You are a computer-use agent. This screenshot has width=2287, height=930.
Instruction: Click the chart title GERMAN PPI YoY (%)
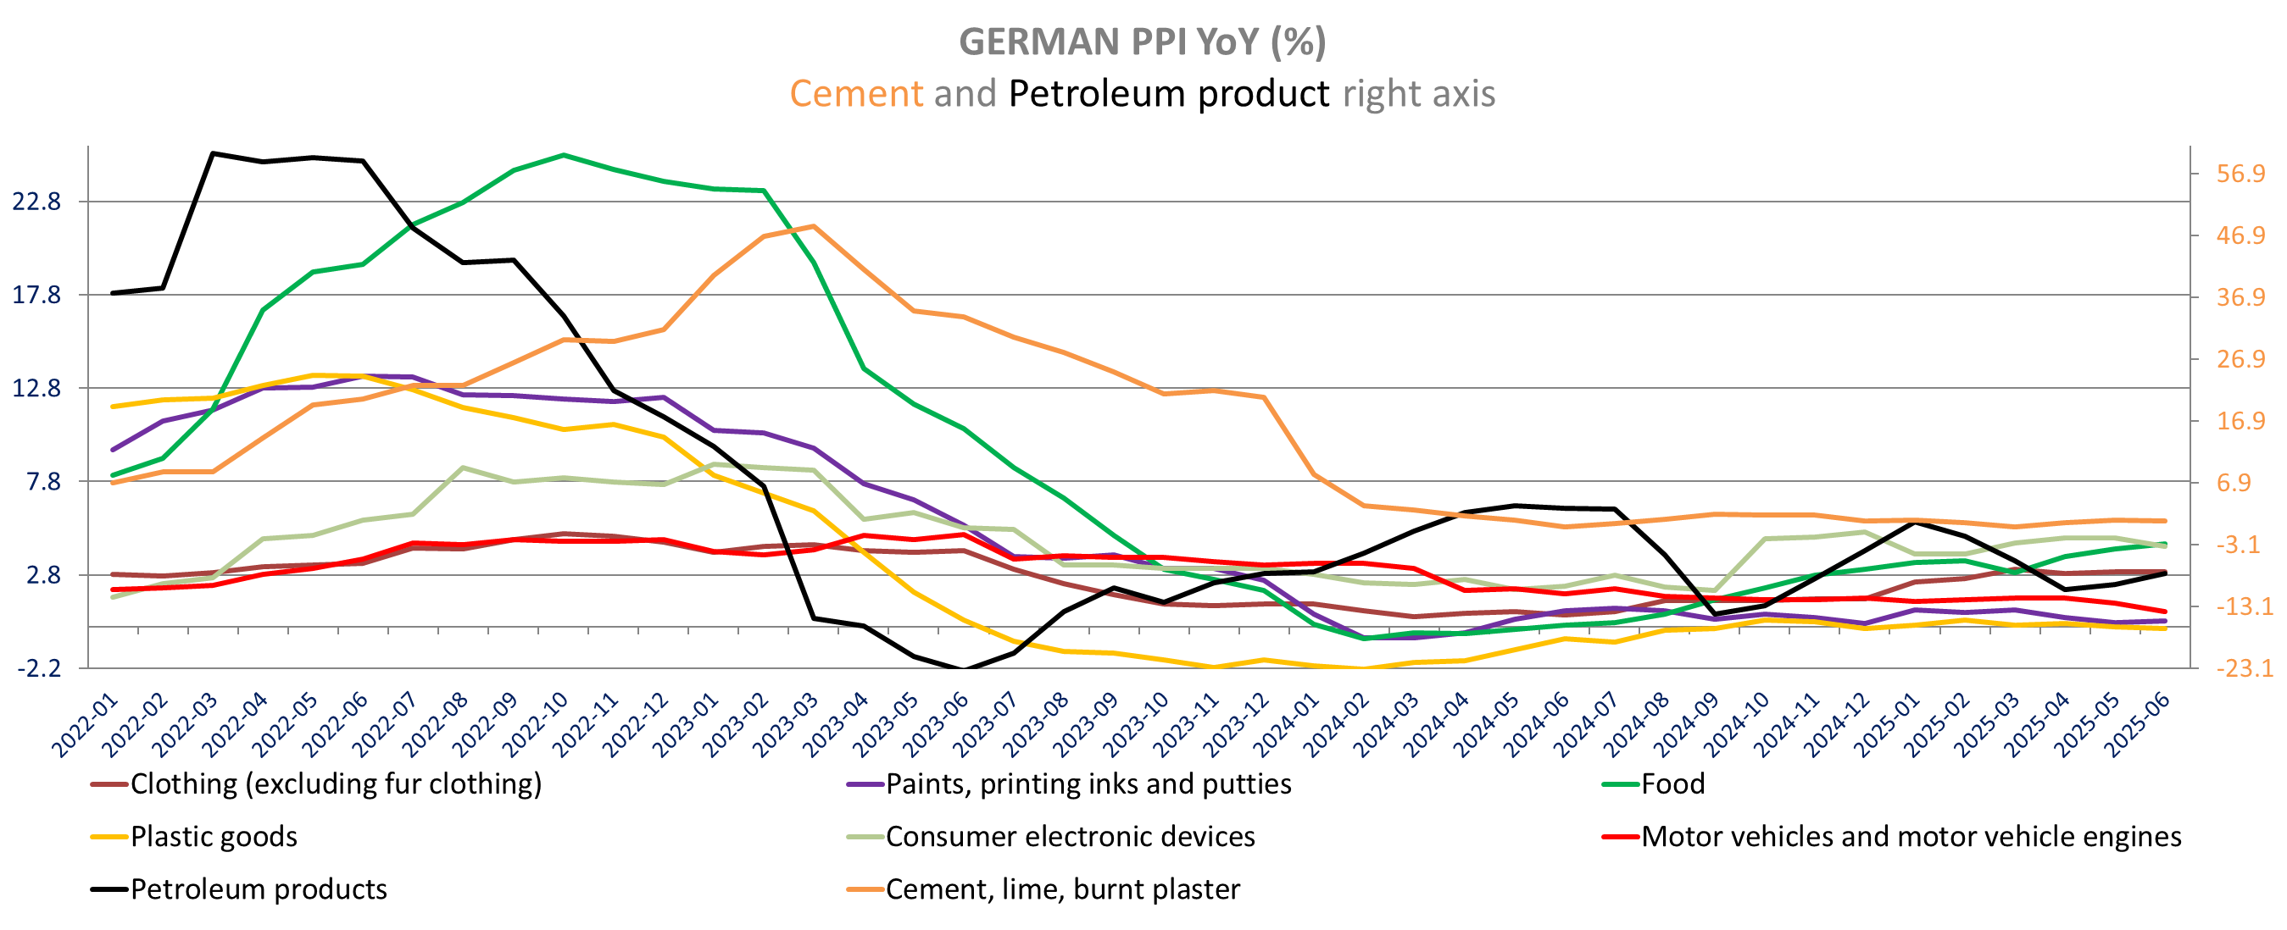pyautogui.click(x=1143, y=42)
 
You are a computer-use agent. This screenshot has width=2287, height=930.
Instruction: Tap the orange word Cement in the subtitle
pyautogui.click(x=856, y=93)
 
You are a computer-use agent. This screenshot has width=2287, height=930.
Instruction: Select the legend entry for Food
pyautogui.click(x=1672, y=783)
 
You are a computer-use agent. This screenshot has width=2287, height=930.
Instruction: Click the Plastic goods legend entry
pyautogui.click(x=213, y=836)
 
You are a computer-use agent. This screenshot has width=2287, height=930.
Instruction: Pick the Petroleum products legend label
pyautogui.click(x=259, y=888)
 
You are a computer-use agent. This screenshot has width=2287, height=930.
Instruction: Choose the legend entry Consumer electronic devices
pyautogui.click(x=1070, y=836)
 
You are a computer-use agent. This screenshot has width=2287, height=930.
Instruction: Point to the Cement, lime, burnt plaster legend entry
pyautogui.click(x=1062, y=888)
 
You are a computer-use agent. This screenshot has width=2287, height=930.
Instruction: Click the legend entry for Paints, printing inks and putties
pyautogui.click(x=1088, y=783)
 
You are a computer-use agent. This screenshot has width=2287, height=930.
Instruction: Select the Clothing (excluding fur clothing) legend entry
pyautogui.click(x=336, y=783)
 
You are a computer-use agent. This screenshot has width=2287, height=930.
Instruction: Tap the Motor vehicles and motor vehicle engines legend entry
pyautogui.click(x=1911, y=836)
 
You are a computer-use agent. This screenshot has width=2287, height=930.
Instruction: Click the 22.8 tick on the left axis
pyautogui.click(x=36, y=202)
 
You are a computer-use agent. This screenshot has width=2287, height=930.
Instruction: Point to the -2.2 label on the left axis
pyautogui.click(x=39, y=668)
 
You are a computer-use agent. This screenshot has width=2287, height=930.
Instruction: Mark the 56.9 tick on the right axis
pyautogui.click(x=2241, y=173)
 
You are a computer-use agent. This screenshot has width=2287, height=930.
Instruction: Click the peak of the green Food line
pyautogui.click(x=563, y=155)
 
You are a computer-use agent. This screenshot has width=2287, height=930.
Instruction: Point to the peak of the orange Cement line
pyautogui.click(x=813, y=226)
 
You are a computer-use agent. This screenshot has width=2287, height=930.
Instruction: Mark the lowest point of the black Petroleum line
pyautogui.click(x=964, y=670)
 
